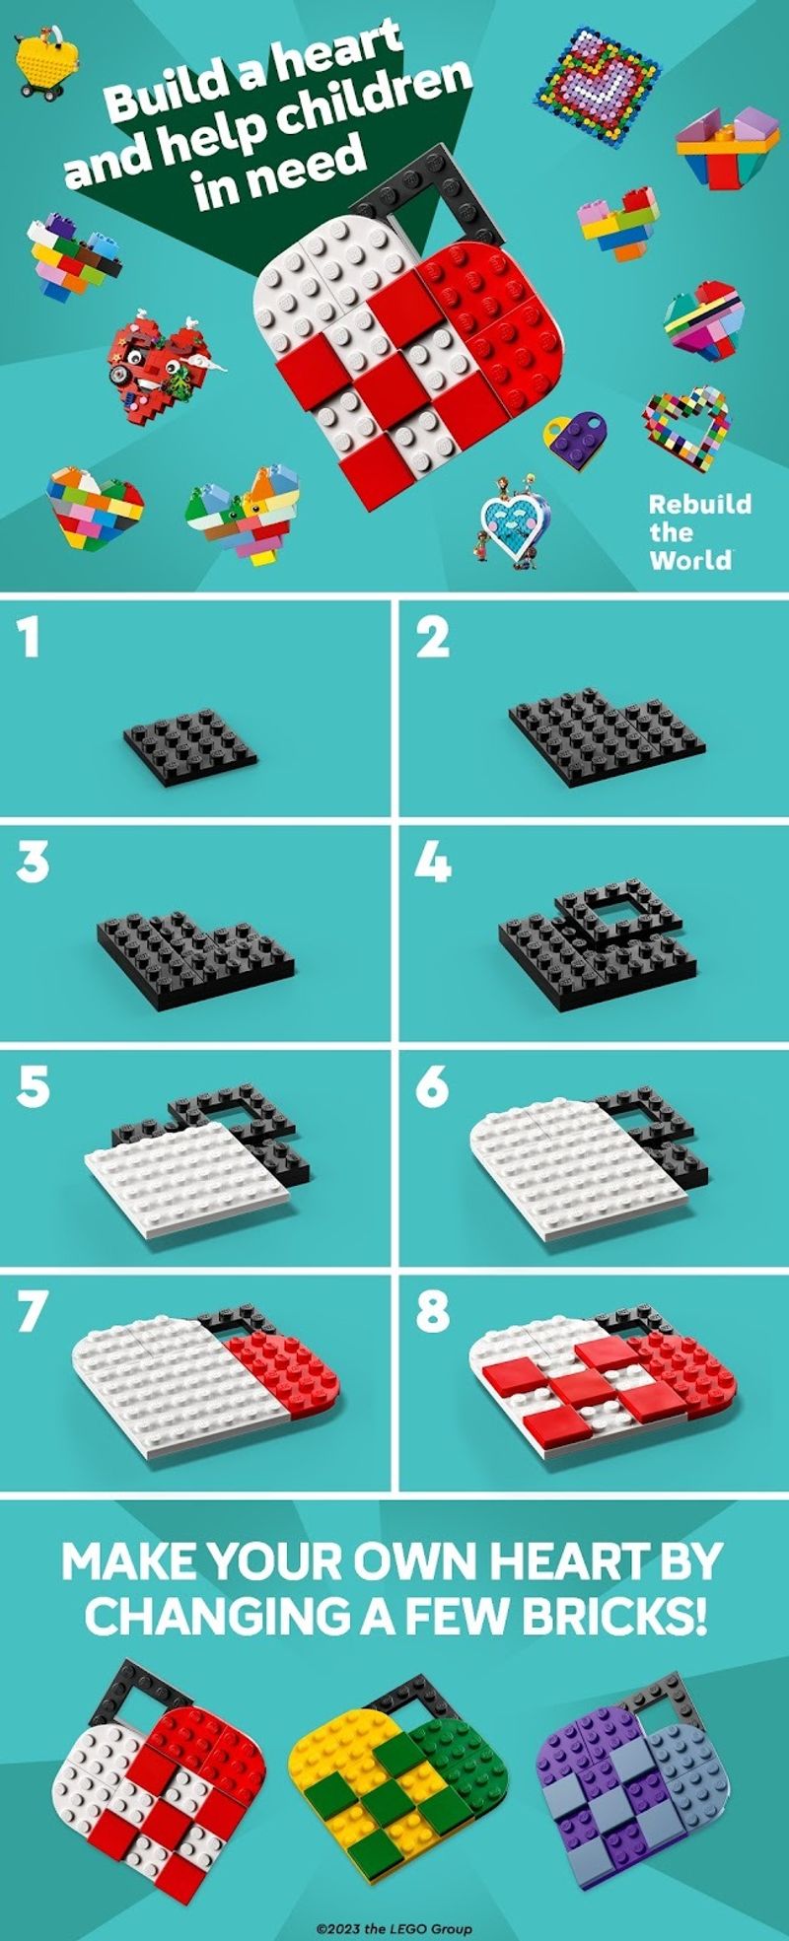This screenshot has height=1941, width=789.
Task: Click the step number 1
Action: (31, 637)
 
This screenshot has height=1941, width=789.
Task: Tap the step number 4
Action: (433, 863)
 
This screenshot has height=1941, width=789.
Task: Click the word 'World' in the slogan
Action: (691, 559)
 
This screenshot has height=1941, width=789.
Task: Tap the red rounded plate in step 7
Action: (286, 1365)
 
